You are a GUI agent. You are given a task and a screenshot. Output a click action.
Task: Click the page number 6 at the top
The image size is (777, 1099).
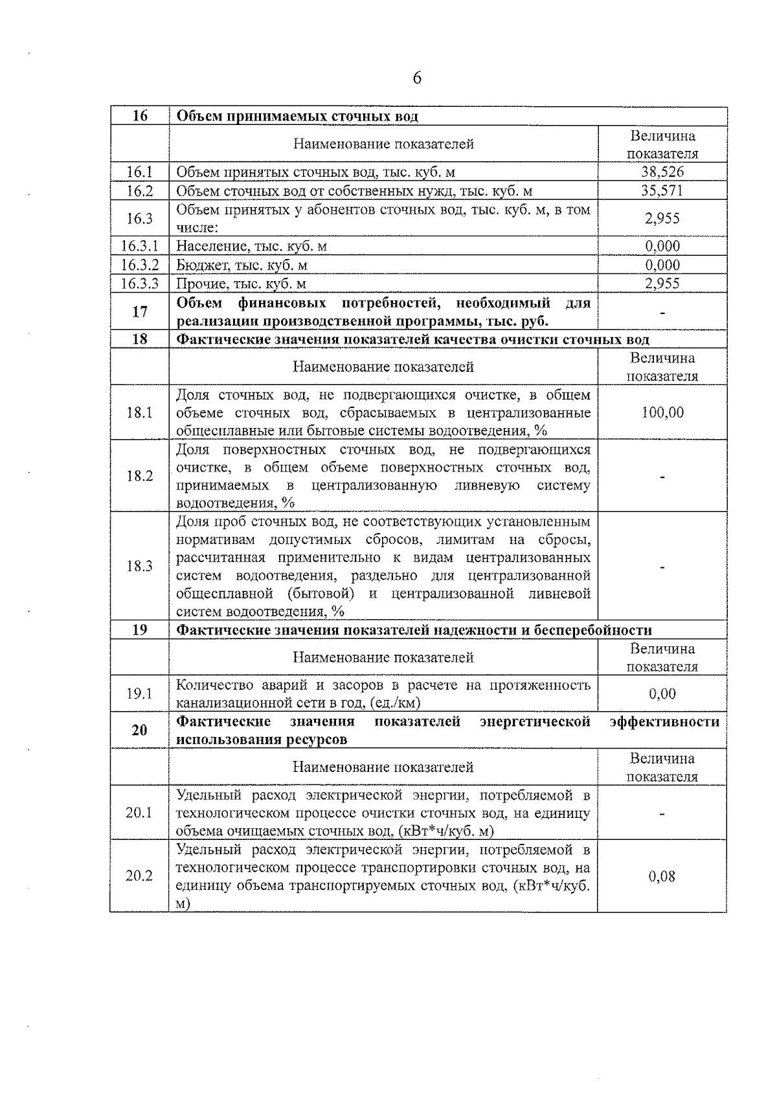(417, 78)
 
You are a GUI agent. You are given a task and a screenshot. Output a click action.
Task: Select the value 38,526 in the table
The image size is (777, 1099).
(662, 172)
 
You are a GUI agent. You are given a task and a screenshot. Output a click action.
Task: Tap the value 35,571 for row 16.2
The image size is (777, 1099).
(662, 190)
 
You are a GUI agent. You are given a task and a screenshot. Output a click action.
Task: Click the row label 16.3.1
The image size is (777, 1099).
(139, 246)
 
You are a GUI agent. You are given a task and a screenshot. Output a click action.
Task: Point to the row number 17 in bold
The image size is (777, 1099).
(139, 312)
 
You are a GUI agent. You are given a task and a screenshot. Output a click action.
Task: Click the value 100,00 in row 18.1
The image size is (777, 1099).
(662, 413)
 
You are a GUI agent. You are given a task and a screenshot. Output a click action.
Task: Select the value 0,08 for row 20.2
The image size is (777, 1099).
(662, 876)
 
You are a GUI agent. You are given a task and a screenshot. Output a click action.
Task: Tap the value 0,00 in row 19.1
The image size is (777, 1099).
(662, 694)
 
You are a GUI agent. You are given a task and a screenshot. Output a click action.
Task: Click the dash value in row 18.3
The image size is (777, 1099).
(662, 567)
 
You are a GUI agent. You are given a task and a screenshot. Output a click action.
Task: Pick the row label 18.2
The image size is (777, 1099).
(139, 476)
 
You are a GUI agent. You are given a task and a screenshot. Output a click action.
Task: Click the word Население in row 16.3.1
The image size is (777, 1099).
(206, 246)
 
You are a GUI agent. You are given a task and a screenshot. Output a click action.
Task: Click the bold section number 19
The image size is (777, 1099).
(139, 630)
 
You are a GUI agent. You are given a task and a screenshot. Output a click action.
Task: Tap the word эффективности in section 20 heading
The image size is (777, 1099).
(664, 721)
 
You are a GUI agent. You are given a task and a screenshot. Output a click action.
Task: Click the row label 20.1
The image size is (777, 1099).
(139, 813)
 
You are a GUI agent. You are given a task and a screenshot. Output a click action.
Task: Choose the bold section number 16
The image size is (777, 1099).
(139, 117)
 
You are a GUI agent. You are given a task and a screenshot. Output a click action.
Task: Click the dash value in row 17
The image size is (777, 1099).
(662, 312)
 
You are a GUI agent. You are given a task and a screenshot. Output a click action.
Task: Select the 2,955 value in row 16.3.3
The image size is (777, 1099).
(662, 284)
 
